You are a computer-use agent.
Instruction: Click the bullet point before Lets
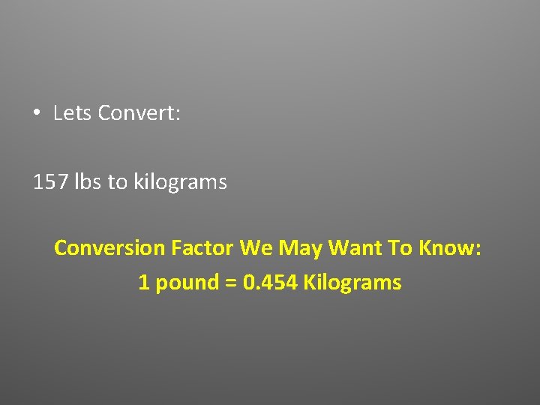pos(36,114)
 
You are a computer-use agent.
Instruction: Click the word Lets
pos(73,113)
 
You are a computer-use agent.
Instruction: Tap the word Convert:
pos(139,113)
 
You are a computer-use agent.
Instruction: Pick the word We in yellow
pos(254,247)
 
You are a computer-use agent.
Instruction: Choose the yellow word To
pos(395,247)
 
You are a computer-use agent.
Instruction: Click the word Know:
pos(448,247)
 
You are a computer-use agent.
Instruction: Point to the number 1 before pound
pos(144,283)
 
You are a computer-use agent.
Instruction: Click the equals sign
pos(231,283)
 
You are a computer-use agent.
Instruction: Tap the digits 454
pos(281,283)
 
